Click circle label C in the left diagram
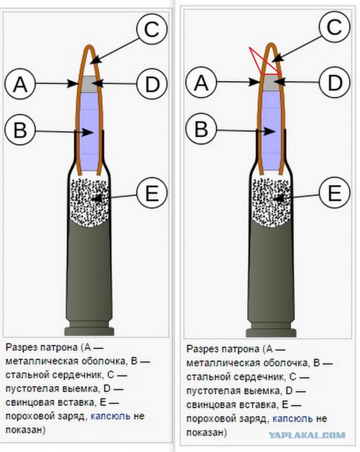[x=152, y=29]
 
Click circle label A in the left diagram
[x=20, y=84]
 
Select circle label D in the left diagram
[x=152, y=84]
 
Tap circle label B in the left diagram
[x=20, y=130]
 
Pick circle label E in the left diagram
[x=152, y=193]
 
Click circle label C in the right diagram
[x=334, y=27]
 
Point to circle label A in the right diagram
[x=201, y=82]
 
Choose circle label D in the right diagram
[x=334, y=82]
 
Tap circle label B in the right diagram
[x=201, y=129]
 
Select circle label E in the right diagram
[x=334, y=193]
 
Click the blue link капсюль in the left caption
[x=111, y=416]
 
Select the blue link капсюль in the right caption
[x=292, y=419]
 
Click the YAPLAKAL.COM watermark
[x=307, y=435]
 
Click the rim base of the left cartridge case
[x=89, y=331]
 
